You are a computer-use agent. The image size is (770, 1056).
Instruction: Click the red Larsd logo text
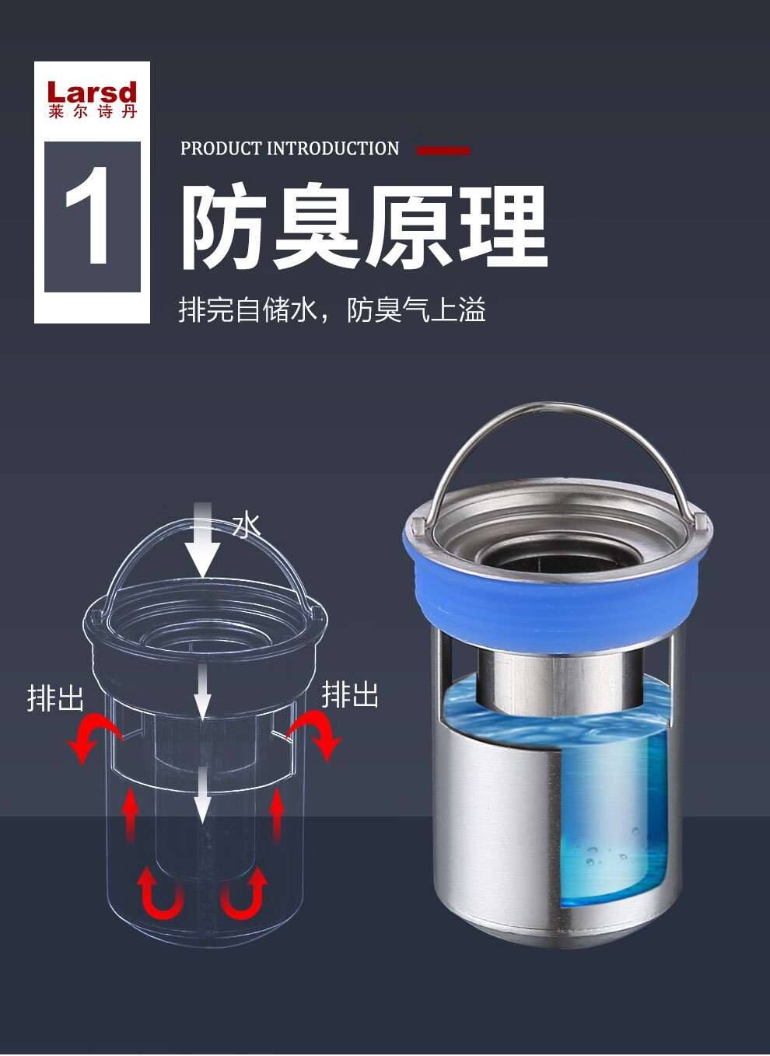(92, 92)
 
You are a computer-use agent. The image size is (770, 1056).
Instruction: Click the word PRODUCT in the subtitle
(221, 149)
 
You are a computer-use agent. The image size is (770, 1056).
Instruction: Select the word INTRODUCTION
(333, 149)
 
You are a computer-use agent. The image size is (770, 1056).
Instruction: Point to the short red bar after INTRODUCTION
(443, 150)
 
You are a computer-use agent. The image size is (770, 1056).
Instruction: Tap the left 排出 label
(55, 698)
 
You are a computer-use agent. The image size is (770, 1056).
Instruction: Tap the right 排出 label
(350, 694)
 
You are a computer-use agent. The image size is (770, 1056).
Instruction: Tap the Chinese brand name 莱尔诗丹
(93, 112)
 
